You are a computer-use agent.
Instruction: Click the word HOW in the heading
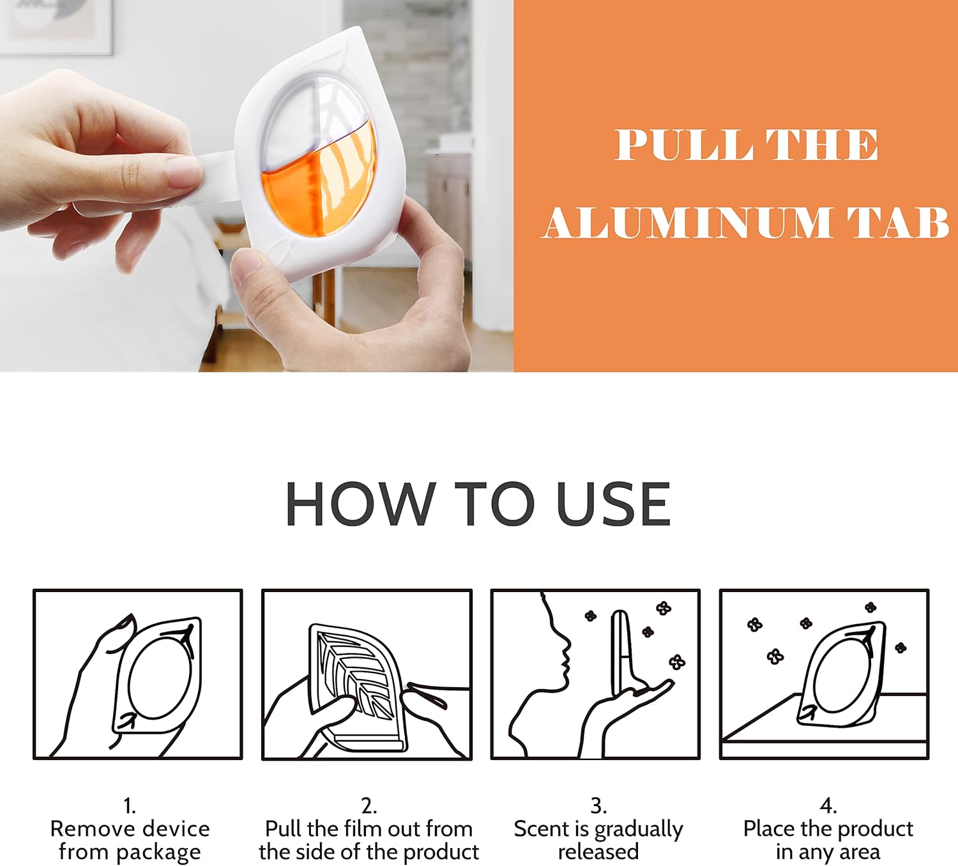coord(357,505)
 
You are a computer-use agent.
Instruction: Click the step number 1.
coord(130,807)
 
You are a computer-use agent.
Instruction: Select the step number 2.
coord(369,807)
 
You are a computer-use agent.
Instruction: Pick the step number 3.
coord(598,807)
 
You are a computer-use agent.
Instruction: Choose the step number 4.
coord(828,807)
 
